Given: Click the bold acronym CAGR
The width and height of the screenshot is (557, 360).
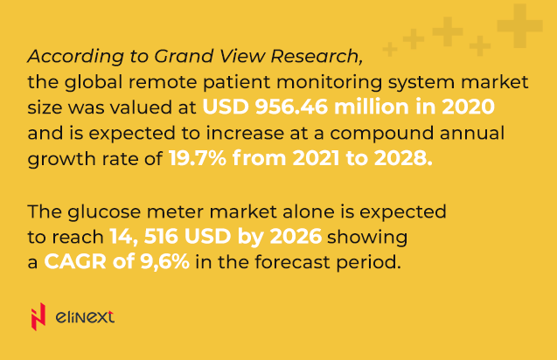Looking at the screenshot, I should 71,262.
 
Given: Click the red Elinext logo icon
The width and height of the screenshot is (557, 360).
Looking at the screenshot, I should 38,316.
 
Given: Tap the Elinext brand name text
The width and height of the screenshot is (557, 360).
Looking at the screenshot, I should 84,317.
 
